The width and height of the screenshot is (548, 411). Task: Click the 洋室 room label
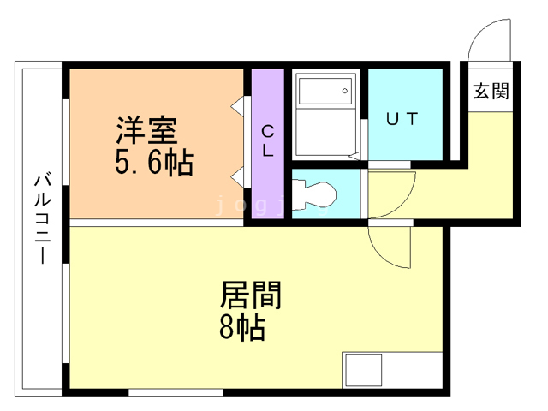coord(146,131)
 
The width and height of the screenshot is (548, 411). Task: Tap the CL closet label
coord(267,142)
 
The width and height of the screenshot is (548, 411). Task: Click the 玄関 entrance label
coord(491,91)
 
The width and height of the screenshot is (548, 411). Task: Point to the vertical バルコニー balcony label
coord(42,218)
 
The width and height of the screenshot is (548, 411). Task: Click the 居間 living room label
coord(251,295)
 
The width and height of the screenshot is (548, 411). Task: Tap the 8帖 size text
coord(241,327)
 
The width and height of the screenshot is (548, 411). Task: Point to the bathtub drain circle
coord(345,90)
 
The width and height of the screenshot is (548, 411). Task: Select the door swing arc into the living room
coord(390,248)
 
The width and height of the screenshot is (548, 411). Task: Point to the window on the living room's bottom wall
coord(176,393)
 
